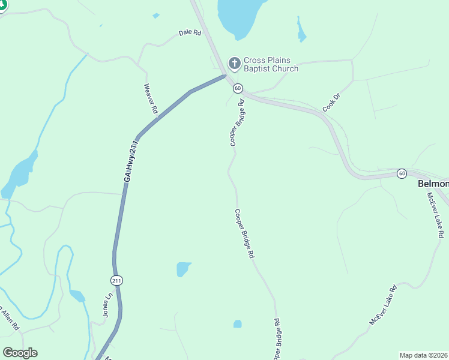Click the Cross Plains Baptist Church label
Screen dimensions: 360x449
pyautogui.click(x=271, y=65)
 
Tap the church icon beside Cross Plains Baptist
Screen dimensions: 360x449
pyautogui.click(x=234, y=62)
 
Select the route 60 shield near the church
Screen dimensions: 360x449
pyautogui.click(x=238, y=88)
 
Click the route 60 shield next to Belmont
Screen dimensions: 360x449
pyautogui.click(x=401, y=173)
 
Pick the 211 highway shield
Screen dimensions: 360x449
pyautogui.click(x=116, y=280)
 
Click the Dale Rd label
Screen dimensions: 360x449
pyautogui.click(x=190, y=32)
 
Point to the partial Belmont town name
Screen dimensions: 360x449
pyautogui.click(x=433, y=184)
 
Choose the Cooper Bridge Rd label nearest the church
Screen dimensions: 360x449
pyautogui.click(x=238, y=123)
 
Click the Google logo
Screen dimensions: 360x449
pyautogui.click(x=20, y=353)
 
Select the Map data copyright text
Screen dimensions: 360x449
pyautogui.click(x=424, y=355)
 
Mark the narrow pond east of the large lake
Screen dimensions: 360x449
pyautogui.click(x=301, y=30)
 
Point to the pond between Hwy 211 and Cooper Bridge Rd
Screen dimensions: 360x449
pyautogui.click(x=183, y=269)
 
